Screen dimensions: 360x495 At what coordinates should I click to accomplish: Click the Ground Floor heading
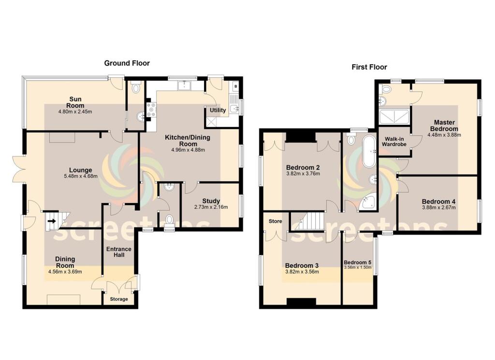coord(127,63)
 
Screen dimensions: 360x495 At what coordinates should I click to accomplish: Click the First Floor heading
coord(369,67)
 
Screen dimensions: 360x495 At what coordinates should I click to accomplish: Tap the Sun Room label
coord(75,102)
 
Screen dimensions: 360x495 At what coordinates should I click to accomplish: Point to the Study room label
coord(211,201)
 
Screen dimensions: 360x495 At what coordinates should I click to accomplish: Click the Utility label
coord(218,110)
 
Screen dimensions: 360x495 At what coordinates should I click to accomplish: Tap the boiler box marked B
coord(235,86)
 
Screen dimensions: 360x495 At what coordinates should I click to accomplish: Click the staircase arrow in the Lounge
coord(52,222)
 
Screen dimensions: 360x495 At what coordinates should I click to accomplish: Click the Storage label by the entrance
coord(119,299)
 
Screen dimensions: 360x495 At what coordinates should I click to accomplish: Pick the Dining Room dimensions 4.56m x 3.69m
coord(65,272)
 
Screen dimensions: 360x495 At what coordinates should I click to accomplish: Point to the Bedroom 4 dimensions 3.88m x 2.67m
coord(438,208)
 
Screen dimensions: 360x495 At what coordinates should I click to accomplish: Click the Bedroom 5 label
coord(359,262)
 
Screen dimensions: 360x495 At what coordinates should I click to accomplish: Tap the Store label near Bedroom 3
coord(275,221)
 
